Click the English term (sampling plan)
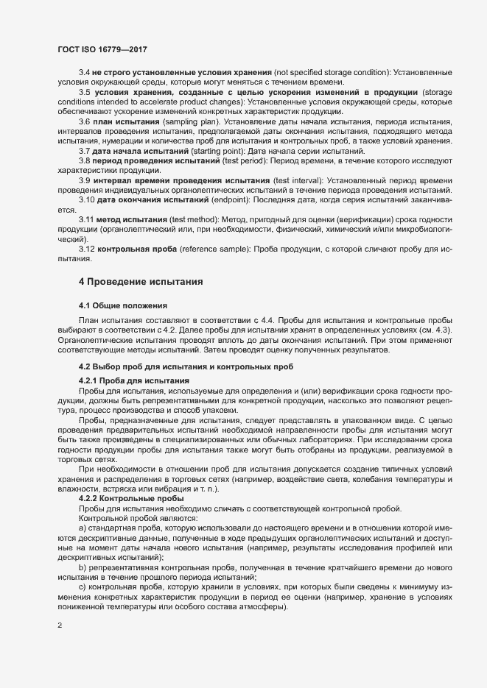tap(192, 120)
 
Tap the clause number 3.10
tap(86, 199)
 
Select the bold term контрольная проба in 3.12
tap(136, 249)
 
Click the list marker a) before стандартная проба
tap(82, 528)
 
